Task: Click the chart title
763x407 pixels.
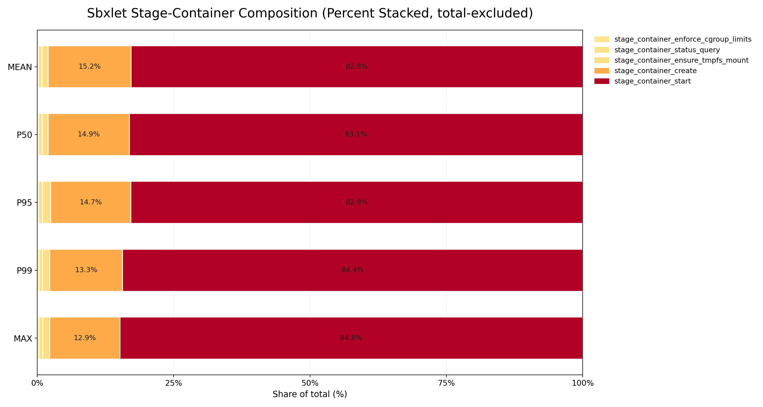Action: click(x=310, y=13)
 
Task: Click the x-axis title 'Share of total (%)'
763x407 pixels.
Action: click(x=310, y=394)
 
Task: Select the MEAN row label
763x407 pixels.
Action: click(x=20, y=67)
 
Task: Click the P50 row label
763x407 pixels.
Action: click(x=24, y=135)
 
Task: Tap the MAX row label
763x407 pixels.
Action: click(x=23, y=339)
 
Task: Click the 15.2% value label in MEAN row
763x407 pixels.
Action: click(x=89, y=66)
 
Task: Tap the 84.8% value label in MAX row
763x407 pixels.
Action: click(x=351, y=338)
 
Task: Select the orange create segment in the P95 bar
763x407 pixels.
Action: click(x=91, y=202)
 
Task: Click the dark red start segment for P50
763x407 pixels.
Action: click(x=356, y=135)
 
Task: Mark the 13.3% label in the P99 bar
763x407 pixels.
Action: click(x=86, y=270)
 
